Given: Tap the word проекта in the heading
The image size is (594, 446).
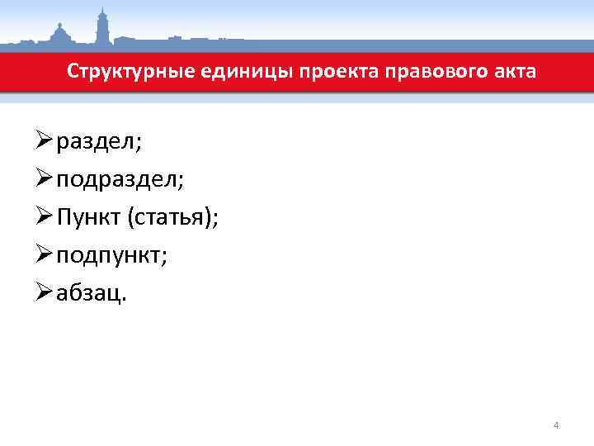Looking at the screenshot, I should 325,72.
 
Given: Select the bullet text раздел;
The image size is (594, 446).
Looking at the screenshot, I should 99,142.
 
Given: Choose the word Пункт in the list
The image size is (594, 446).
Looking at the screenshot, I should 89,218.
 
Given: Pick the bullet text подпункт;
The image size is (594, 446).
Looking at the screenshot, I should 112,256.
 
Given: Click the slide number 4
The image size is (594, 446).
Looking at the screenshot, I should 556,426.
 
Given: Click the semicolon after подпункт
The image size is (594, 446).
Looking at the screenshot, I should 164,258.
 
